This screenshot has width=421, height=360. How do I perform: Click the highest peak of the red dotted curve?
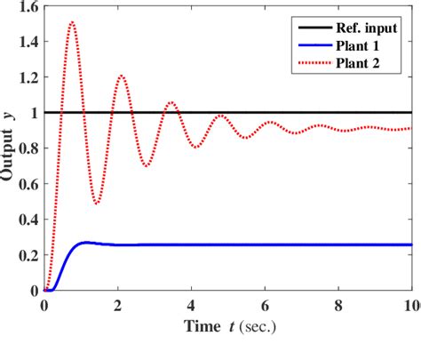pyautogui.click(x=72, y=23)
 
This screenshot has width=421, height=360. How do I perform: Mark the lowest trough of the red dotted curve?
pyautogui.click(x=96, y=204)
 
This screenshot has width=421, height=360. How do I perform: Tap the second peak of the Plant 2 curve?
pyautogui.click(x=122, y=76)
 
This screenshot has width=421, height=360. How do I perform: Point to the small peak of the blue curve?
pyautogui.click(x=84, y=242)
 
